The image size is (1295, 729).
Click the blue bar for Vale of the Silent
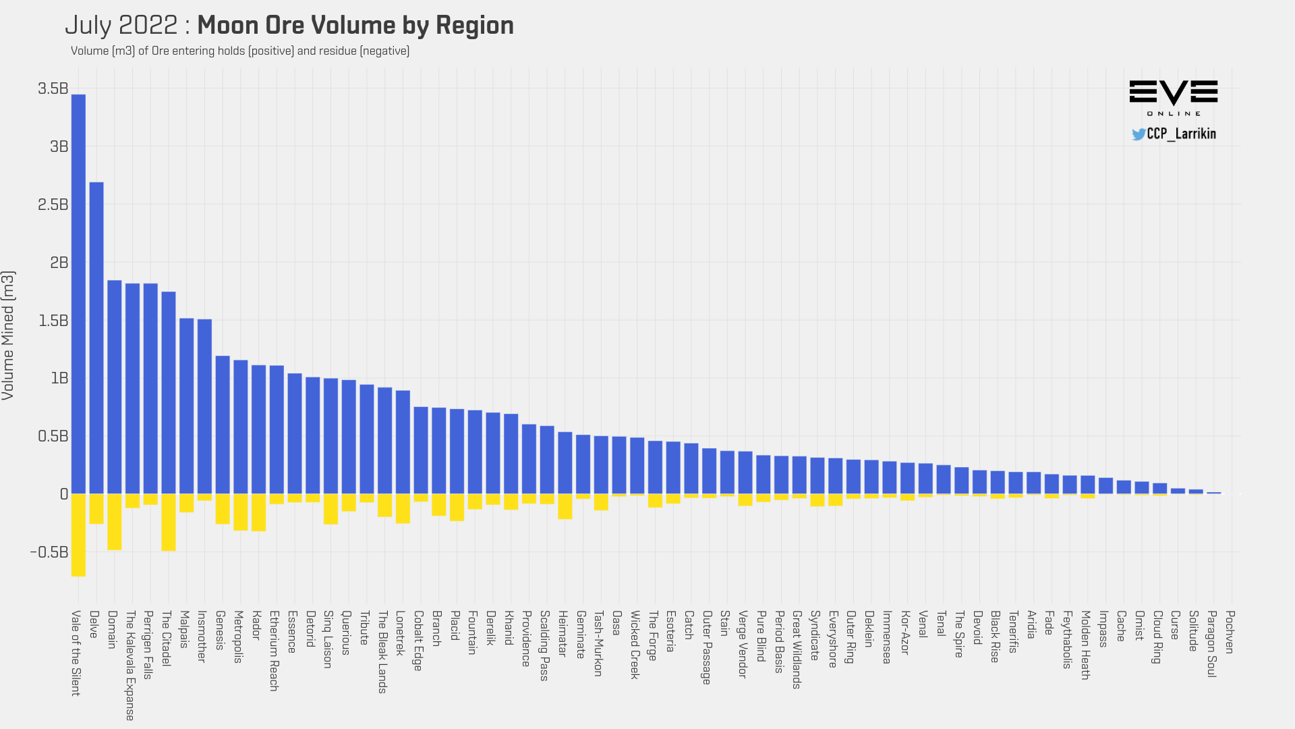(x=78, y=294)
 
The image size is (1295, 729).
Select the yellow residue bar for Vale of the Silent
(x=78, y=535)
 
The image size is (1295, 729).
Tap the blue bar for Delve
(x=96, y=337)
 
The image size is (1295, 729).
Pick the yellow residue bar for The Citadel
(x=169, y=522)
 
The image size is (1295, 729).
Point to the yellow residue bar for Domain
(x=115, y=522)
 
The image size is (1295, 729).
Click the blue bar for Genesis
(x=223, y=425)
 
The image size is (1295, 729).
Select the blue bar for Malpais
(x=186, y=406)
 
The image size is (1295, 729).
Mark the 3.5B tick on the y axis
(x=53, y=88)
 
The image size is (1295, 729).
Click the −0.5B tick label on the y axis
(x=49, y=552)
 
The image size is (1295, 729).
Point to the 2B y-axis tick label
(x=59, y=263)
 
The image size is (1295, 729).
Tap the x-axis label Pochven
(x=1230, y=632)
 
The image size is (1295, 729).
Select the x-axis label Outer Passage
(x=707, y=647)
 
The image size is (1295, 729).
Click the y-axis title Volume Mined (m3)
(x=8, y=335)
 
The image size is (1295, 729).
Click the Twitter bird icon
(x=1139, y=134)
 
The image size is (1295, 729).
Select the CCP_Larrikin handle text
(x=1182, y=134)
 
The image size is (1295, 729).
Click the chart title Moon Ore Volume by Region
(x=355, y=26)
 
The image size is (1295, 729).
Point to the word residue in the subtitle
(x=337, y=51)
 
